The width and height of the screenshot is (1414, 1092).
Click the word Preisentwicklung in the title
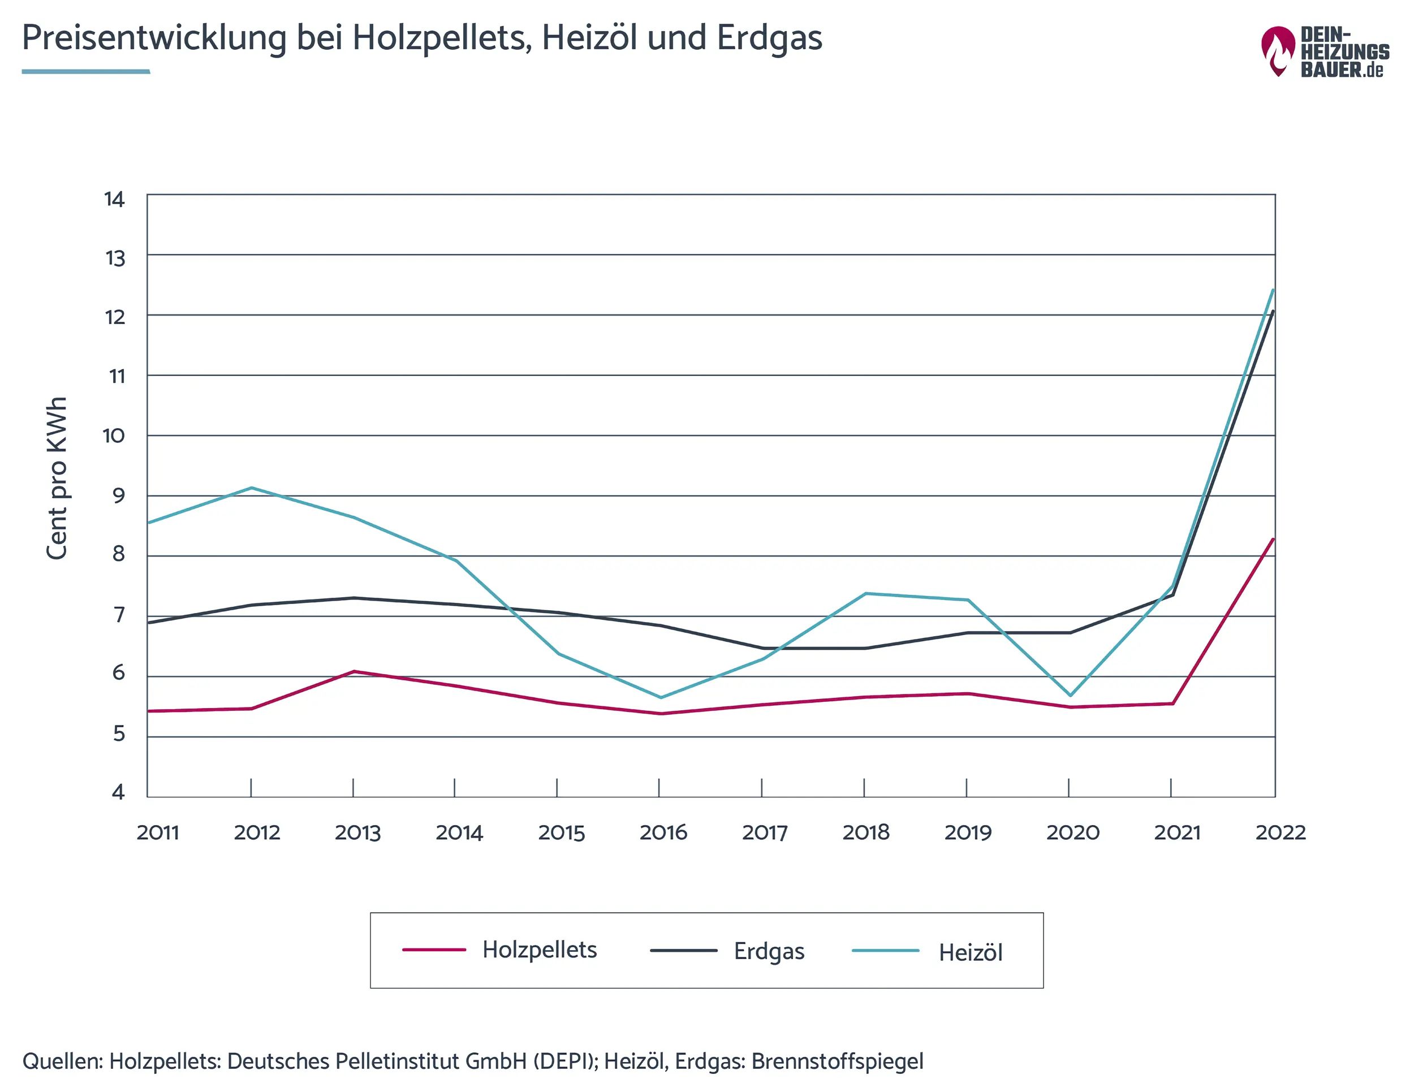click(154, 37)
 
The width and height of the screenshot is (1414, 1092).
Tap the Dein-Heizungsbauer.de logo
click(1325, 52)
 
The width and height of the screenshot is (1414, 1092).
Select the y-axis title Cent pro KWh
click(57, 478)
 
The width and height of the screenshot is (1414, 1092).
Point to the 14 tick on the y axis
click(115, 200)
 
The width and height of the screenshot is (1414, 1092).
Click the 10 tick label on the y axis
click(114, 435)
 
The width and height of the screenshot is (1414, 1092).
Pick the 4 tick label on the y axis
click(118, 792)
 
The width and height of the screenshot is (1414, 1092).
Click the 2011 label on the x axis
click(157, 832)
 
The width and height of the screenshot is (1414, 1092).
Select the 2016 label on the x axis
click(663, 832)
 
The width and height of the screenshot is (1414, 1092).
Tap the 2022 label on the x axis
click(1280, 832)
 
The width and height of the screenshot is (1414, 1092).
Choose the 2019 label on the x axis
click(967, 832)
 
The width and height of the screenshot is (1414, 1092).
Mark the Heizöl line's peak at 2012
click(251, 488)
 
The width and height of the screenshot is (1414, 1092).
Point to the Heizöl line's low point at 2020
click(1070, 695)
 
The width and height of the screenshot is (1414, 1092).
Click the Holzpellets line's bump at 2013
click(353, 671)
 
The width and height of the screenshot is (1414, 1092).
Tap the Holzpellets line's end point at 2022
click(1273, 539)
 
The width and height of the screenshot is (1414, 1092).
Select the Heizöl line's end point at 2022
click(1273, 290)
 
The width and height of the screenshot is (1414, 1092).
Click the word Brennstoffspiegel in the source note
click(837, 1061)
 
